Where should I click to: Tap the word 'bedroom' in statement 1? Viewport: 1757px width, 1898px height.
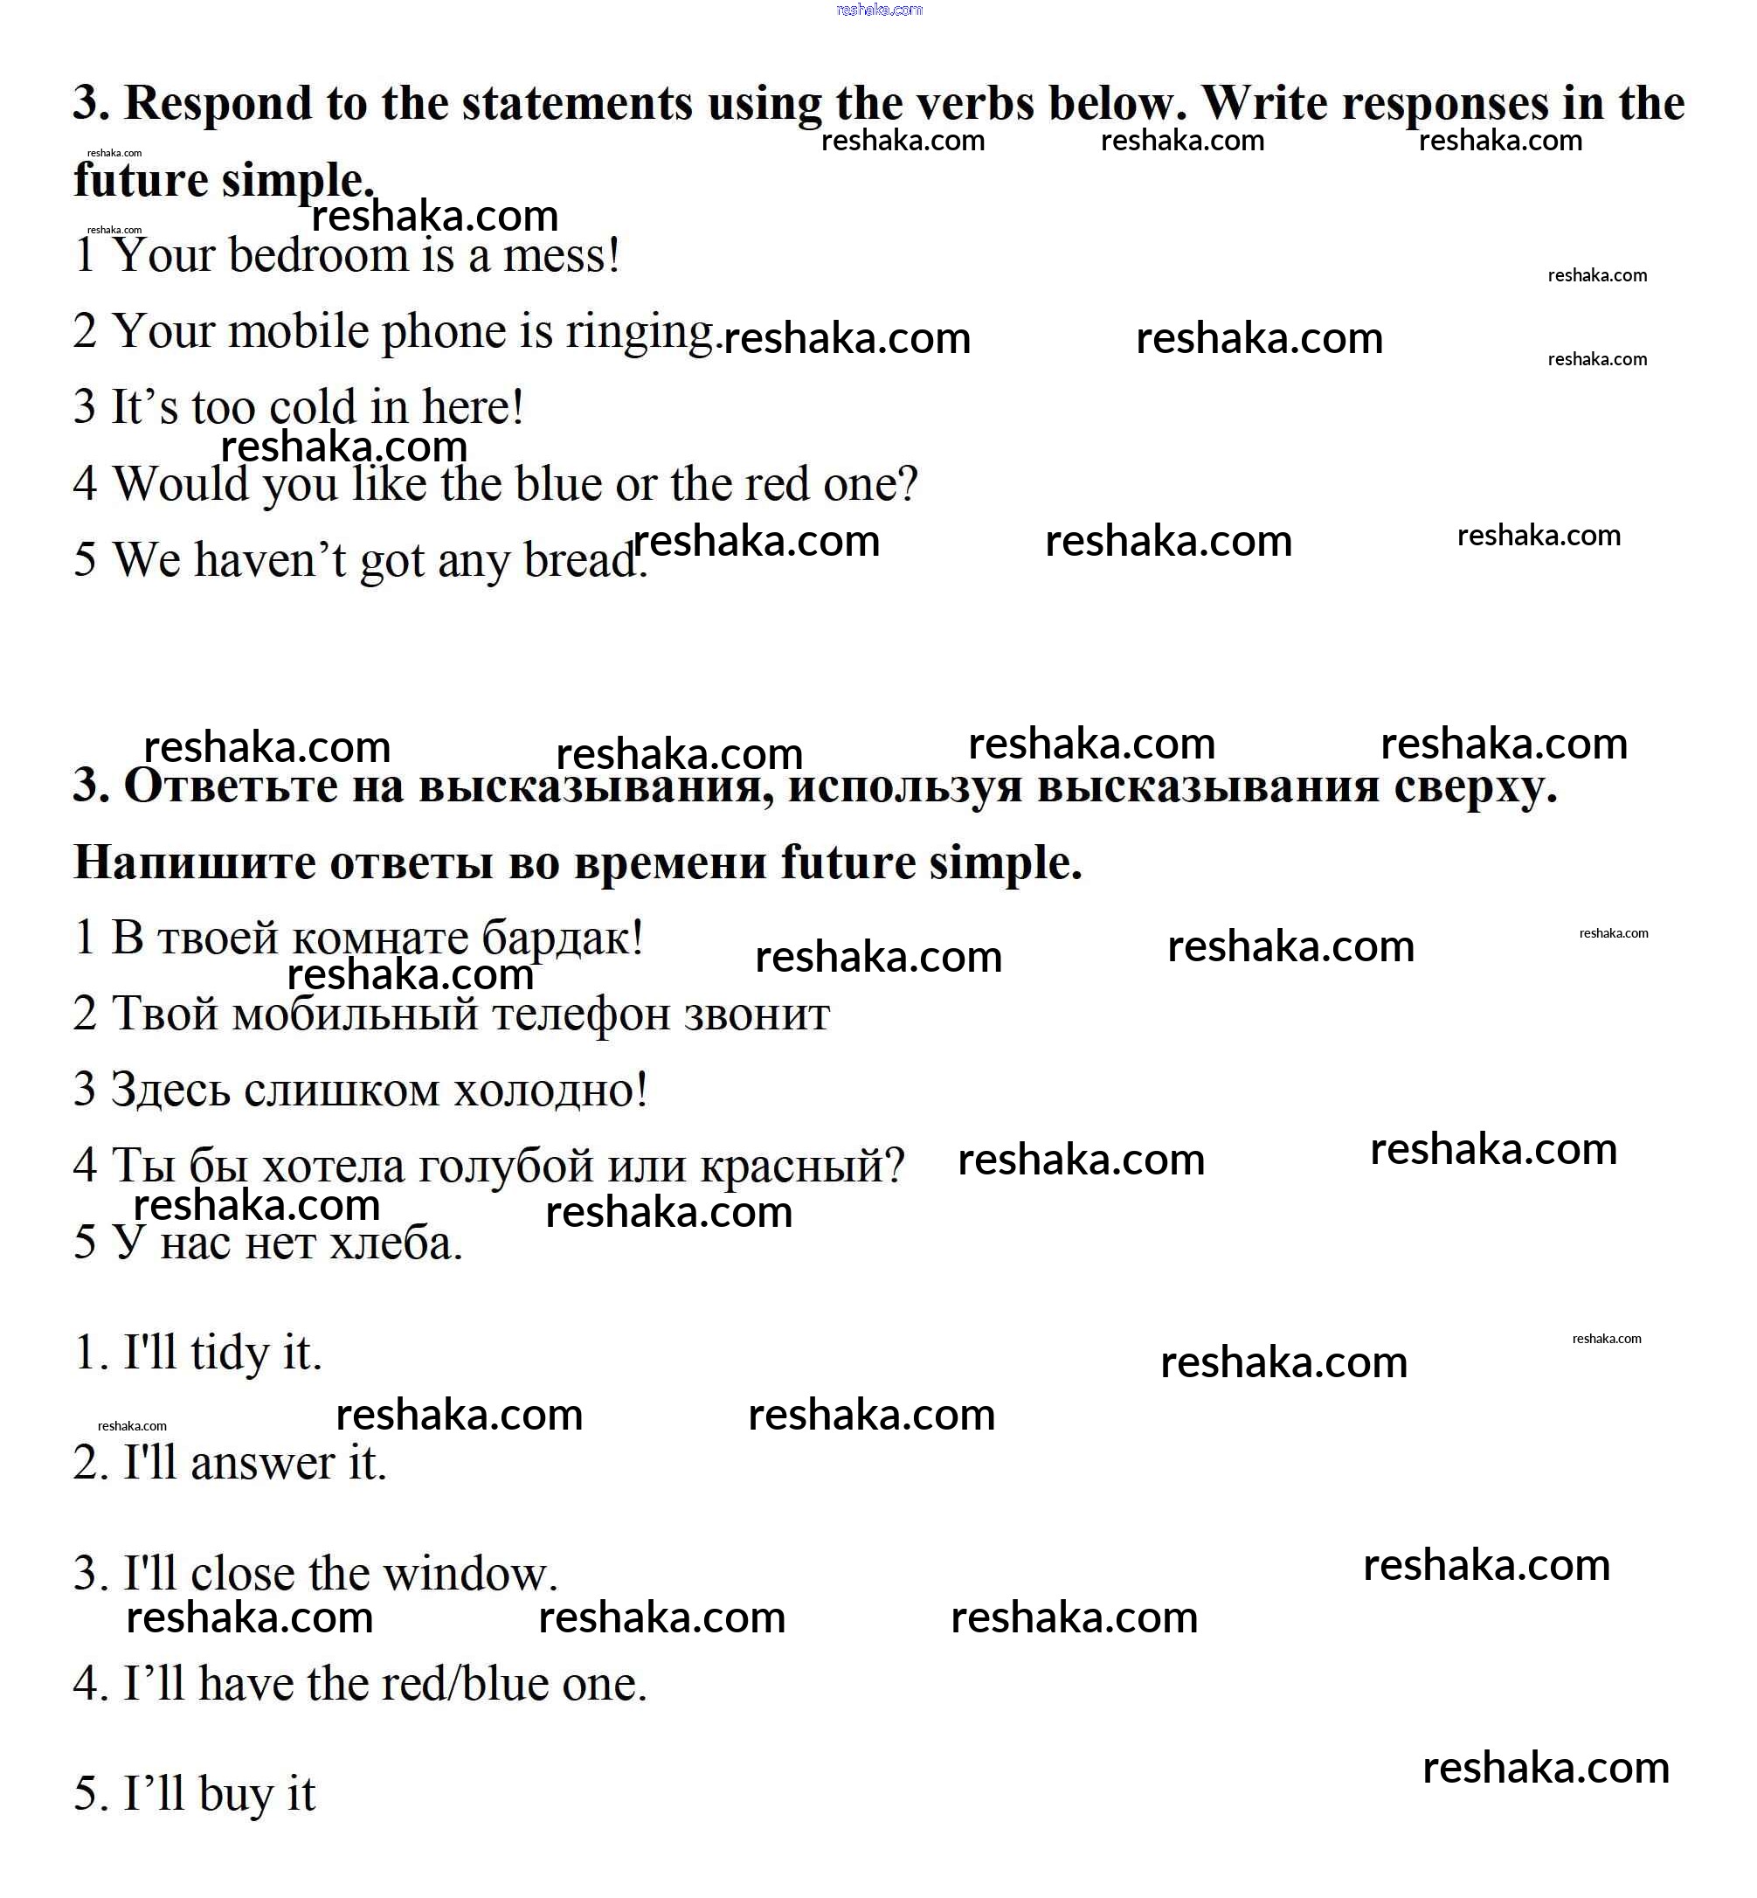pos(304,256)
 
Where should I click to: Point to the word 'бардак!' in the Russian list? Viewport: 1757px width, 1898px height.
pos(562,939)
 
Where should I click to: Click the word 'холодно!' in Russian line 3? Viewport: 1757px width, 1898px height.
pos(550,1091)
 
